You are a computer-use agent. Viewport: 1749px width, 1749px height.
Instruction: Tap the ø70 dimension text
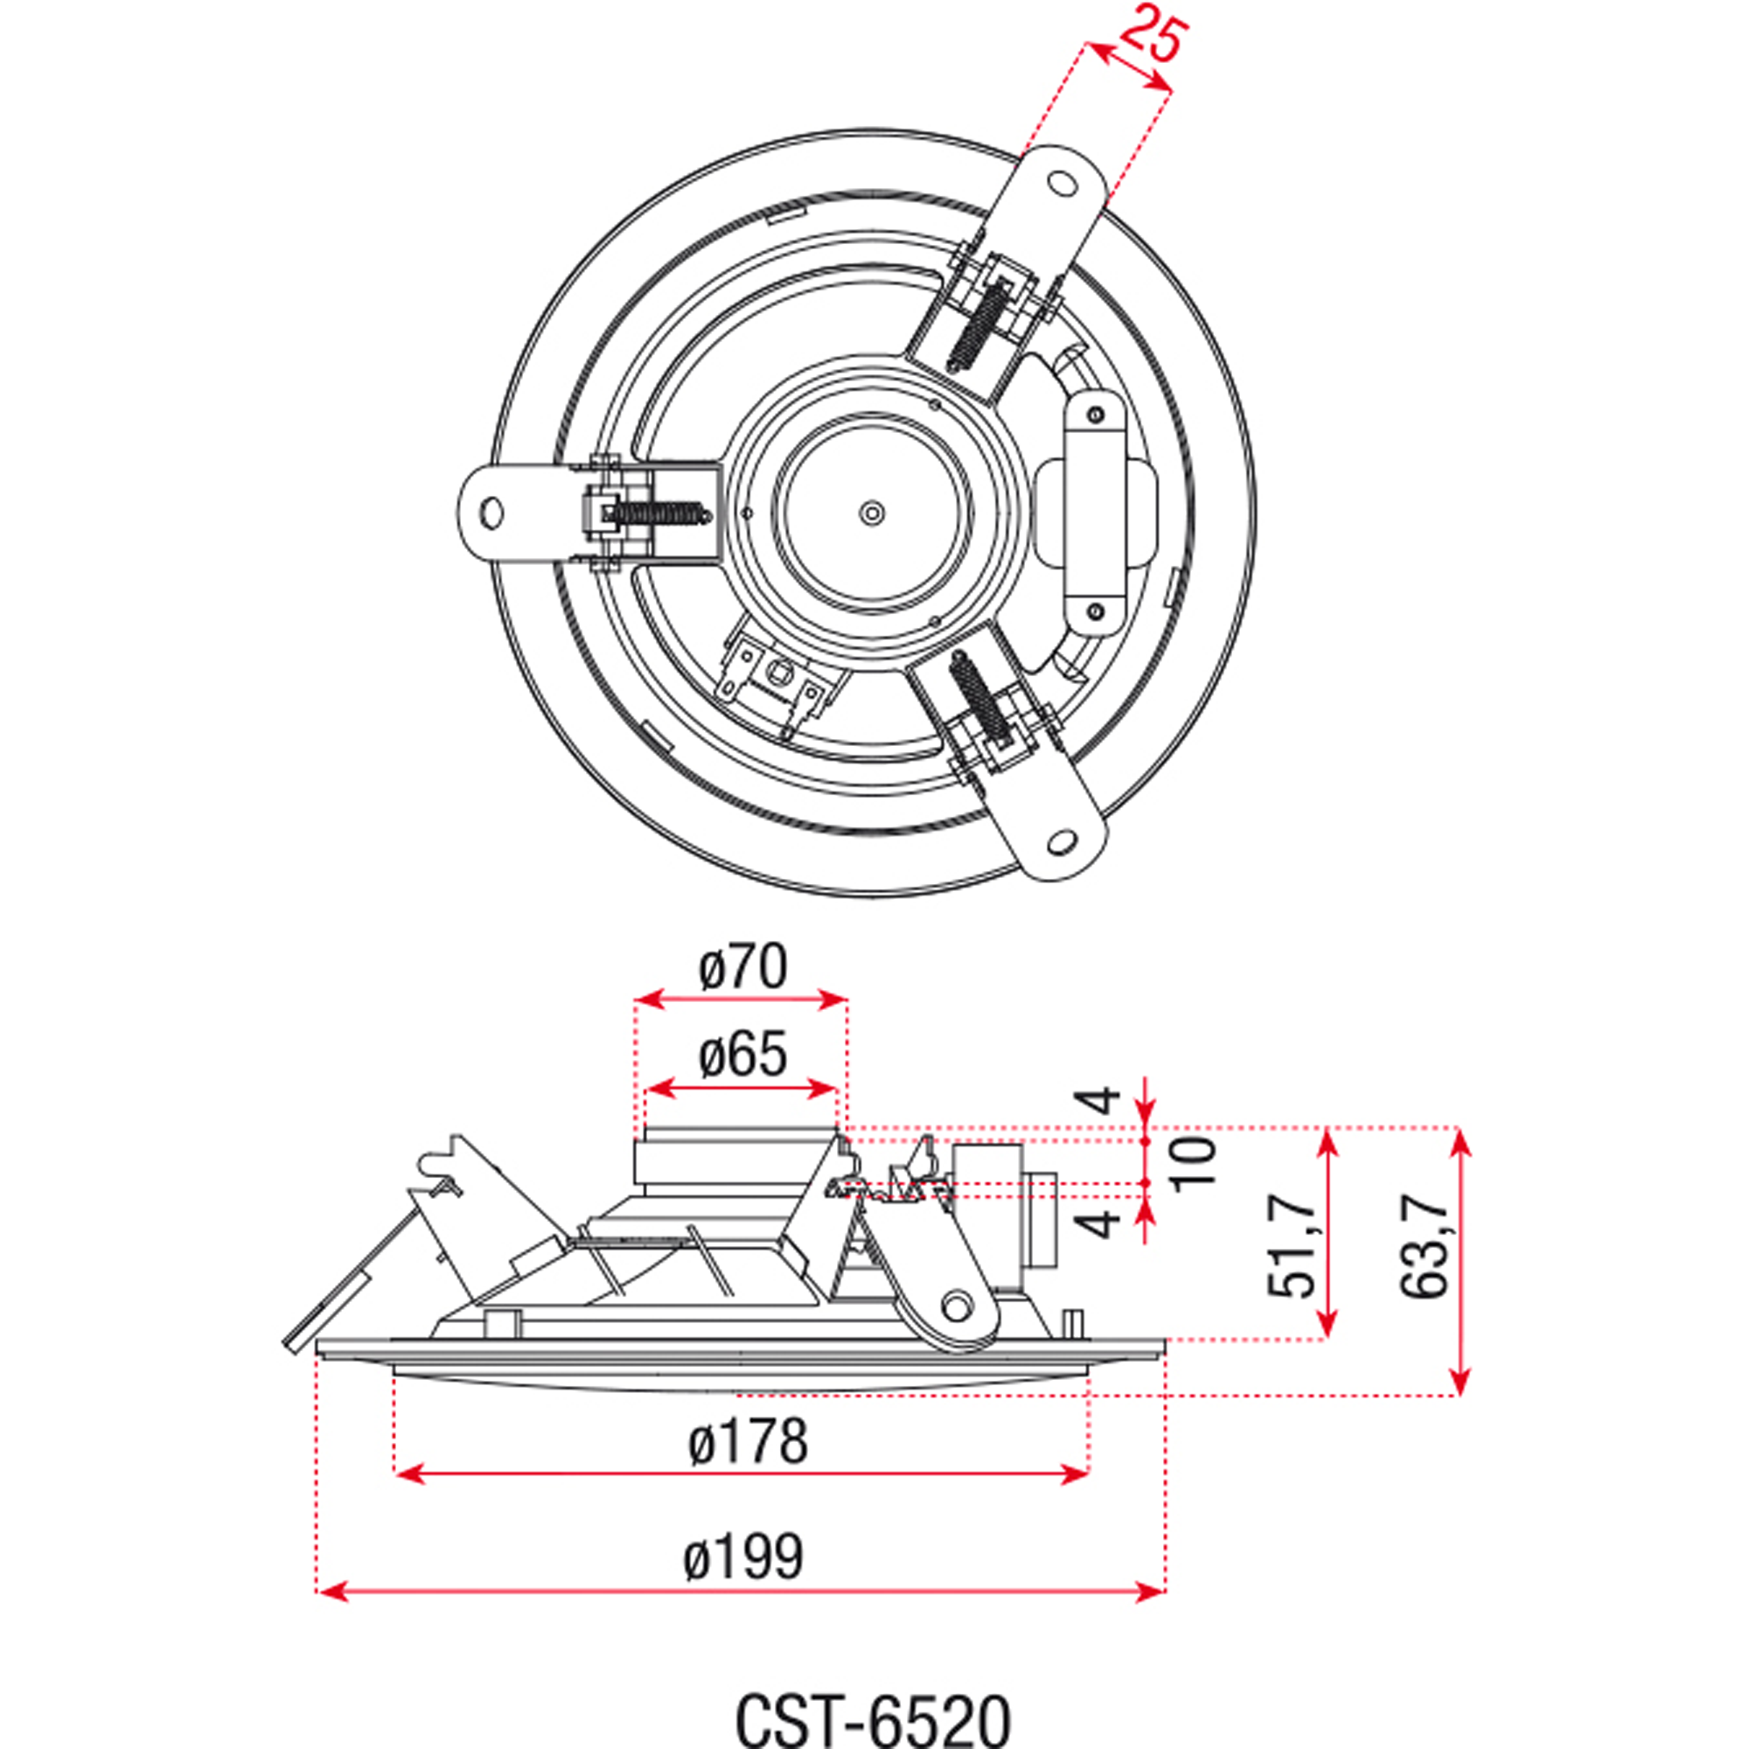coord(742,967)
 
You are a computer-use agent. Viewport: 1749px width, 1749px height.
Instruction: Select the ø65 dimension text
coord(742,1056)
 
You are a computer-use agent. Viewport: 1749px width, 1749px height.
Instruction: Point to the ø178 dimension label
coord(747,1441)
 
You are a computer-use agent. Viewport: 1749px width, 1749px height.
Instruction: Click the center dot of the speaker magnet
coord(871,513)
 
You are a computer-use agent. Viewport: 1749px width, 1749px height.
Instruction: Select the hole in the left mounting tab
coord(491,513)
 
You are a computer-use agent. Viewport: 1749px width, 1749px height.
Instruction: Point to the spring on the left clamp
coord(662,513)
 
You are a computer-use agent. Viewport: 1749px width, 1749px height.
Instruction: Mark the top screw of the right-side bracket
coord(1096,415)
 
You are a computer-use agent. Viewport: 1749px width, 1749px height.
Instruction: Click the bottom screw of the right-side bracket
coord(1096,613)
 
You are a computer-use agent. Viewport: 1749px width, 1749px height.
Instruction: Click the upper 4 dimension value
coord(1100,1100)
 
